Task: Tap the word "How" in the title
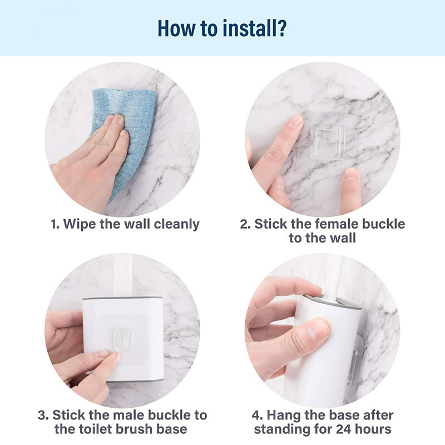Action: [175, 28]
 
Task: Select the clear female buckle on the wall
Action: [327, 142]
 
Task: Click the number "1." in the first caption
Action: [55, 224]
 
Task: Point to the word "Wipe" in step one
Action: [80, 224]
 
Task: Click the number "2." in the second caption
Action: [245, 224]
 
